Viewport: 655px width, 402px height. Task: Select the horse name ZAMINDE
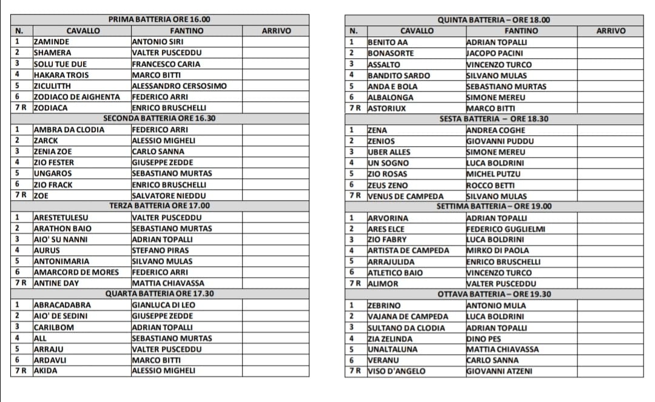(52, 42)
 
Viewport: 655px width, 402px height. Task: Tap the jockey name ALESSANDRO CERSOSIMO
(179, 85)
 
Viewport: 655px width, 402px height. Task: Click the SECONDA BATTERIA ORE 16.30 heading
(160, 118)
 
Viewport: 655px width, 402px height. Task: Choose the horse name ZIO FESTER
(54, 162)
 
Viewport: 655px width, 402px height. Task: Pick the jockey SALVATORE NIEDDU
(169, 195)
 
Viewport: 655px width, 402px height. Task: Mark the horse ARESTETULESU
(61, 217)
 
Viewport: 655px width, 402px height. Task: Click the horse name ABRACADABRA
(62, 305)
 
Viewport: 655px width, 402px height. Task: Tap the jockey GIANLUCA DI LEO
(164, 305)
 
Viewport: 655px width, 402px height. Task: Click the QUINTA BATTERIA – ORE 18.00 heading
(494, 19)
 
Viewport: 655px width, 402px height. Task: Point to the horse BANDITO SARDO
(398, 75)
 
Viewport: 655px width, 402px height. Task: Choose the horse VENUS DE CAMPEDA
(405, 196)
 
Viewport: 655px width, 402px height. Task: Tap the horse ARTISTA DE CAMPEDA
(408, 250)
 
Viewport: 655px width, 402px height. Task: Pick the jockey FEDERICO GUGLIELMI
(505, 229)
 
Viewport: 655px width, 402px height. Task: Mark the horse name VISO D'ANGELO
(396, 371)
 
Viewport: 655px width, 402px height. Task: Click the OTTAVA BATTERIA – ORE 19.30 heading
(494, 294)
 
